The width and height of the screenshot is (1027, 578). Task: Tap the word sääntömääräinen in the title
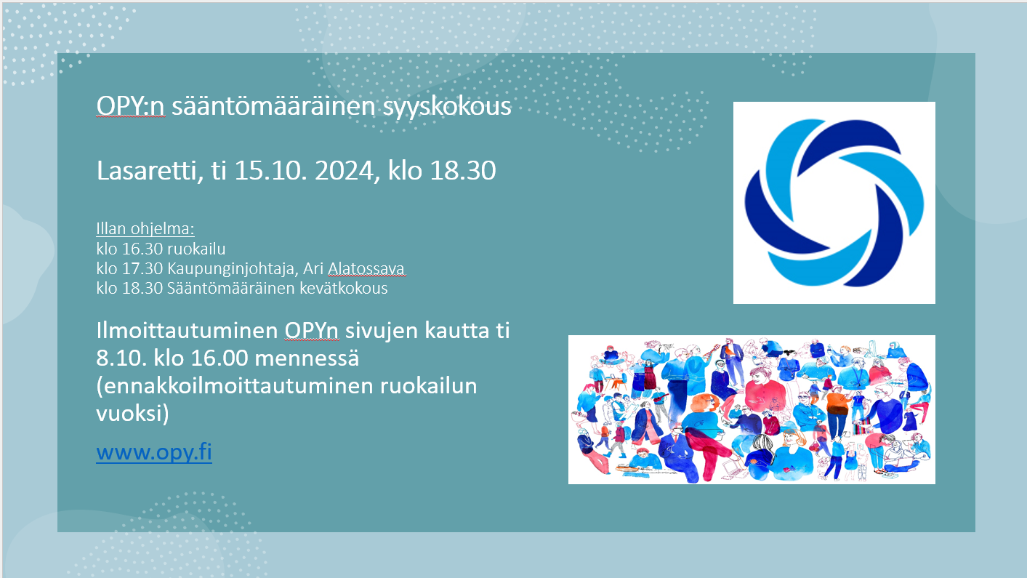[274, 106]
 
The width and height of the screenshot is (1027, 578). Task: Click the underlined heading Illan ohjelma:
[145, 229]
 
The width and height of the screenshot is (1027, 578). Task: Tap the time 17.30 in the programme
[142, 268]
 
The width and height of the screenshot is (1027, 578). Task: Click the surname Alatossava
[366, 268]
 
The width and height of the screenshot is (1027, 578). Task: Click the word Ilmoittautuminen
[187, 331]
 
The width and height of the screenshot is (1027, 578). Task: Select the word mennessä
[307, 358]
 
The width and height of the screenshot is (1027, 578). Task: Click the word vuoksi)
[132, 414]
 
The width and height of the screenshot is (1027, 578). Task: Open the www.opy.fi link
[154, 452]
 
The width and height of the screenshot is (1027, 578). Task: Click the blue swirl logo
[834, 203]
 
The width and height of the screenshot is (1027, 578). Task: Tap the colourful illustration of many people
[752, 409]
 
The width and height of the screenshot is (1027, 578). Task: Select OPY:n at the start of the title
[130, 106]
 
